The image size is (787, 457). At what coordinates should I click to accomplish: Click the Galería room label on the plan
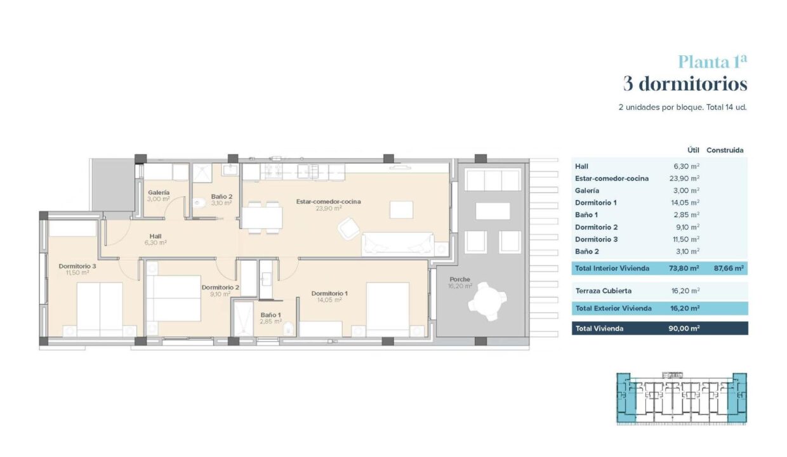159,192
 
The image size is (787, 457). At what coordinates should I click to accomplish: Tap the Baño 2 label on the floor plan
222,197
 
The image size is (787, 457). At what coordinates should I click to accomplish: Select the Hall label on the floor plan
155,236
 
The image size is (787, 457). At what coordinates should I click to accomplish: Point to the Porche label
460,279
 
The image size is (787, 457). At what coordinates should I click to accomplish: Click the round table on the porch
487,301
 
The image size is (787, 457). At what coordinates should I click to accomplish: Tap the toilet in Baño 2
199,202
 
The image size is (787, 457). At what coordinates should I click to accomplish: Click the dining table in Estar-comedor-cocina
262,218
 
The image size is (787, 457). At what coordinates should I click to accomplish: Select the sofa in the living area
398,243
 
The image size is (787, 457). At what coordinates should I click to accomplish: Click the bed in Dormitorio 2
173,298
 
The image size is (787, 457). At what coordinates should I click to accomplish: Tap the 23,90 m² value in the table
684,178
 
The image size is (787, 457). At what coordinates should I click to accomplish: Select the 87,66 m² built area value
729,268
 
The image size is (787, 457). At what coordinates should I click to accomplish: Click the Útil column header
693,150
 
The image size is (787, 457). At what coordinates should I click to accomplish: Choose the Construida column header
725,150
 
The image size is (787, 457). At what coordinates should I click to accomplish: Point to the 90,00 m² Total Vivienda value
684,328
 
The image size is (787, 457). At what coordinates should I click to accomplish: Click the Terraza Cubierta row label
603,291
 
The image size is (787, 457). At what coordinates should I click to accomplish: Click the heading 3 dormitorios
685,84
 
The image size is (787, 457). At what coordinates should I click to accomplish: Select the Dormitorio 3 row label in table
596,239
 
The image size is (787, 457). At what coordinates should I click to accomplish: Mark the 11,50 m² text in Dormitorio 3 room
77,272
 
